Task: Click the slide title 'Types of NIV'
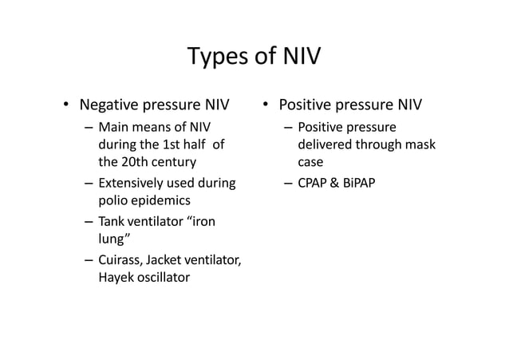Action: point(254,57)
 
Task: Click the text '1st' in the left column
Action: point(171,145)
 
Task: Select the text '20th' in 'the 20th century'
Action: point(134,164)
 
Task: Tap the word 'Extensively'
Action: point(132,184)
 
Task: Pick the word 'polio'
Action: point(112,201)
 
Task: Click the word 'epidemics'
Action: point(160,201)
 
